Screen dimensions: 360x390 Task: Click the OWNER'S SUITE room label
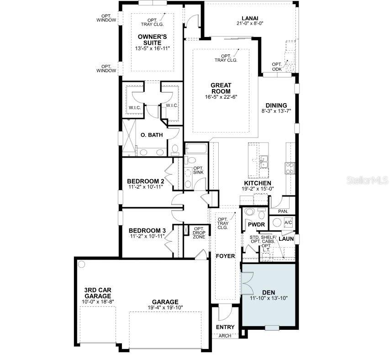point(152,39)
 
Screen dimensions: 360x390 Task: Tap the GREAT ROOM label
point(221,88)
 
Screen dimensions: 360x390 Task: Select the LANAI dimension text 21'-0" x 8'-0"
point(250,23)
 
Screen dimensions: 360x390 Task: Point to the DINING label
point(276,106)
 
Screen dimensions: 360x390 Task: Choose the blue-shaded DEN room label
point(269,292)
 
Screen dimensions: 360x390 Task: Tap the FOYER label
point(226,256)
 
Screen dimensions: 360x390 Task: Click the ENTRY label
point(225,327)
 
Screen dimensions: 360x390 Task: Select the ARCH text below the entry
point(225,336)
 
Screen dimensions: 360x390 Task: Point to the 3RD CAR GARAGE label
point(98,293)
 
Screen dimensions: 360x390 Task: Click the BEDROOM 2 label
point(146,181)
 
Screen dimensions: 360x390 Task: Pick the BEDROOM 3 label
point(147,230)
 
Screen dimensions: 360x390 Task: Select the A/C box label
point(288,222)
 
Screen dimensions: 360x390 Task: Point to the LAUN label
point(286,238)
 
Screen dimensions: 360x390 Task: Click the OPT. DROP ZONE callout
point(199,233)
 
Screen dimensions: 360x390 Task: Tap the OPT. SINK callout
point(198,169)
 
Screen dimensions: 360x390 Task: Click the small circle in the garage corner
point(82,264)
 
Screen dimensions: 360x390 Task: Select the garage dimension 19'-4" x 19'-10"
point(166,307)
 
